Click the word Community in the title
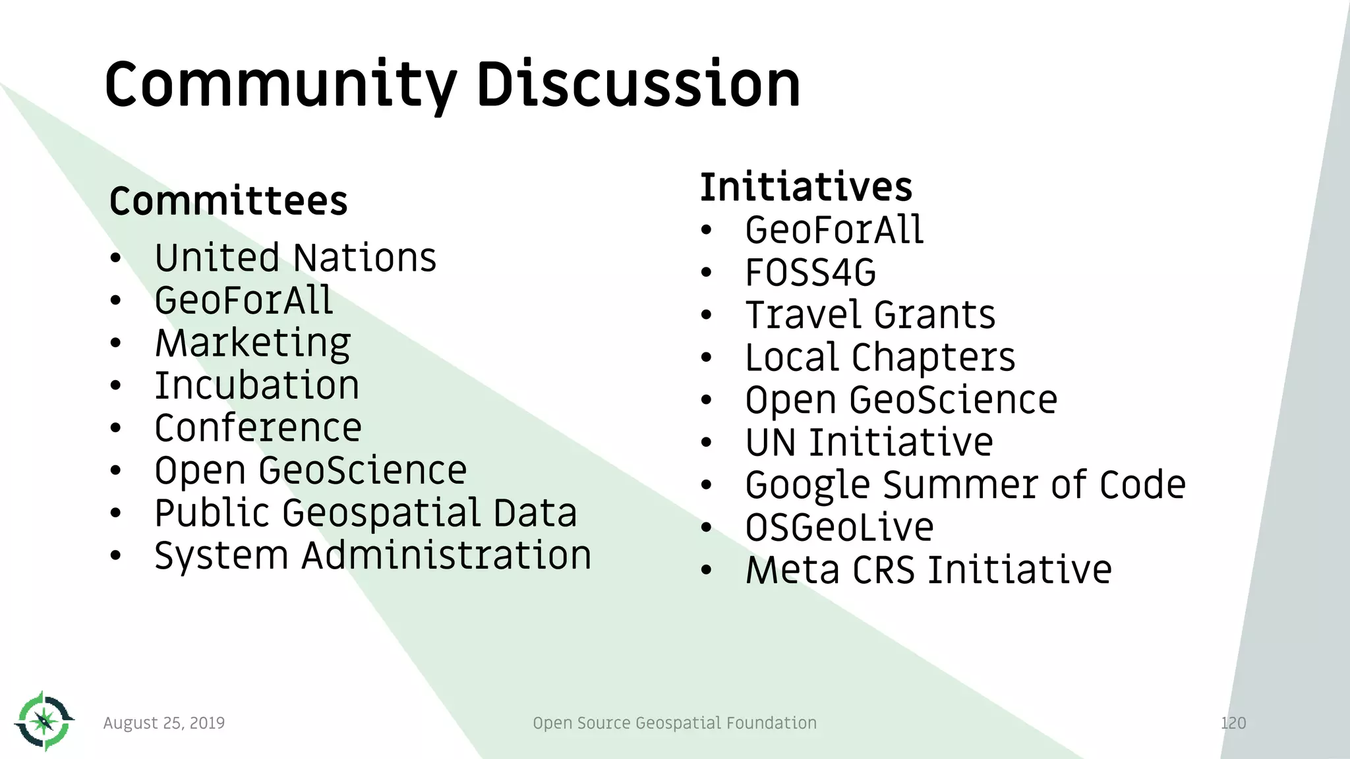[280, 84]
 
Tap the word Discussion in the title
[638, 84]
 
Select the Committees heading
[228, 201]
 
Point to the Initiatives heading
[806, 186]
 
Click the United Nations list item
[295, 258]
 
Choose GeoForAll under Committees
[244, 300]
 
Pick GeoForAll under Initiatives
[834, 230]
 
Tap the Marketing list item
[252, 343]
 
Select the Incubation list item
[257, 385]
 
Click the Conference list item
[258, 428]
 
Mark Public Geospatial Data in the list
[366, 513]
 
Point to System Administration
[372, 555]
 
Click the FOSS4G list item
[810, 273]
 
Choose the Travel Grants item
[870, 315]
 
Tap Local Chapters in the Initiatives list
[880, 358]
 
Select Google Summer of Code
[965, 485]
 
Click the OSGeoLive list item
[839, 528]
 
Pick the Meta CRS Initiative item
[928, 570]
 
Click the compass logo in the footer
[44, 721]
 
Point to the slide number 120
[1233, 723]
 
